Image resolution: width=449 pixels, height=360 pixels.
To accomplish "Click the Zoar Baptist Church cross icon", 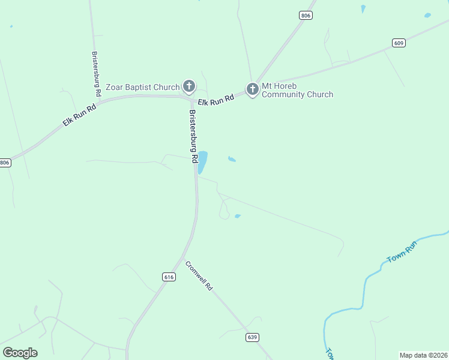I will click(x=188, y=86).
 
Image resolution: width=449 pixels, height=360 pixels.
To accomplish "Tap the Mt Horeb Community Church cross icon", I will click(x=253, y=89).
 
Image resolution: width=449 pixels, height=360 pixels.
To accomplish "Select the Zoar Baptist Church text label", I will click(x=143, y=87).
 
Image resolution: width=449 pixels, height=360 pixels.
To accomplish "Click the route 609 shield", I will click(x=400, y=43).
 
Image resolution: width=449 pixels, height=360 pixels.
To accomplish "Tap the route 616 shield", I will click(x=169, y=277).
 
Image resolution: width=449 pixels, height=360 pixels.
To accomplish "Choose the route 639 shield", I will click(x=252, y=338).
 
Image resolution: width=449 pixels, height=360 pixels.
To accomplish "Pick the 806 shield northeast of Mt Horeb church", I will click(x=306, y=16).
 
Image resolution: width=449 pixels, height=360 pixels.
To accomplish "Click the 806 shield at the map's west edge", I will click(x=5, y=163).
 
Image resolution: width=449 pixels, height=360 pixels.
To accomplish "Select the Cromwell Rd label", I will click(x=199, y=275).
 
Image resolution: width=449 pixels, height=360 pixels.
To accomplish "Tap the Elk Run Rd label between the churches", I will click(x=215, y=101).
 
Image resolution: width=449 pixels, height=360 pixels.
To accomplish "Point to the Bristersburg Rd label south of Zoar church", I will click(x=193, y=137).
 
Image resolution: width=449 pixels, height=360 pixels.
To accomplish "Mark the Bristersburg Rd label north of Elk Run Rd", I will click(x=96, y=74).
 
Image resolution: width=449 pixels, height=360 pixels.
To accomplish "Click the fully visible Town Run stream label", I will click(x=402, y=251).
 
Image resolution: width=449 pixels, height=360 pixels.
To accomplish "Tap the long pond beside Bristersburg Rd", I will click(x=203, y=161).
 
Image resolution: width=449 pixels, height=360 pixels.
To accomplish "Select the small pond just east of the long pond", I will click(x=232, y=159).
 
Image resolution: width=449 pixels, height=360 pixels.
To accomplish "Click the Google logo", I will click(x=20, y=353).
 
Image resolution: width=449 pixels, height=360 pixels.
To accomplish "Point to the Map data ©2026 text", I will click(x=424, y=355).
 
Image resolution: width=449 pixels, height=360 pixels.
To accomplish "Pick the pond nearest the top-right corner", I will click(x=427, y=15).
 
